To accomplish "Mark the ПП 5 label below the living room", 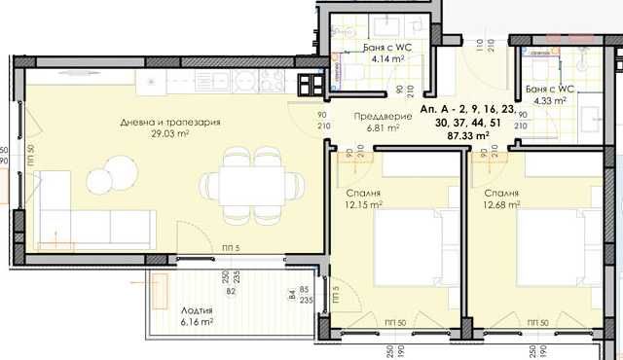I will tap(232, 249).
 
